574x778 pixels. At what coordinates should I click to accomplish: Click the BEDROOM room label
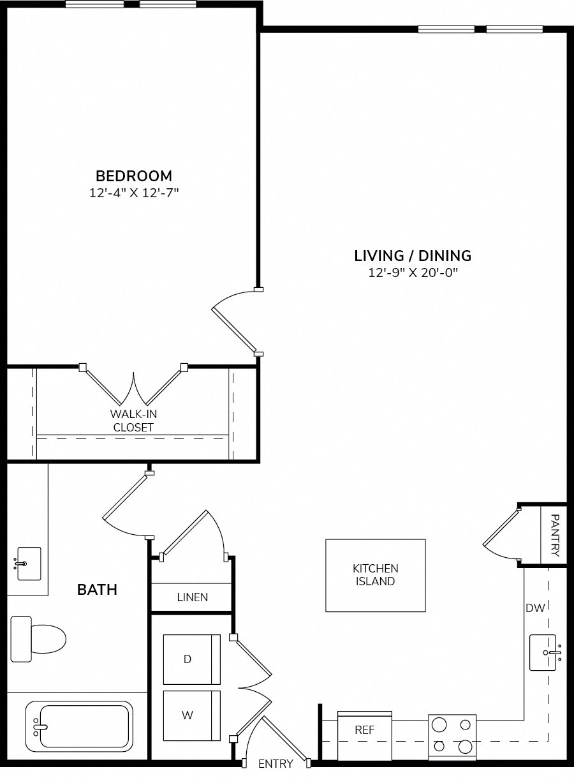pyautogui.click(x=134, y=176)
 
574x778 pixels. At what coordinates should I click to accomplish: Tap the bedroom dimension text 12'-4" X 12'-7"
pyautogui.click(x=134, y=193)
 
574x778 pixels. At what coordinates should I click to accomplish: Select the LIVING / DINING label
pyautogui.click(x=413, y=256)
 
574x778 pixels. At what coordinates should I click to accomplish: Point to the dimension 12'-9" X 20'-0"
pyautogui.click(x=413, y=273)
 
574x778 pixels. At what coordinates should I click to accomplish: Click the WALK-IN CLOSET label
pyautogui.click(x=133, y=421)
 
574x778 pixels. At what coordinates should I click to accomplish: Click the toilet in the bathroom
pyautogui.click(x=38, y=639)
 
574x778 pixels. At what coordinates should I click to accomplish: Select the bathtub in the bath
pyautogui.click(x=79, y=726)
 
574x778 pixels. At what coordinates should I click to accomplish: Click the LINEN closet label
pyautogui.click(x=192, y=597)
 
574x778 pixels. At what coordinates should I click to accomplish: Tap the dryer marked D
pyautogui.click(x=192, y=659)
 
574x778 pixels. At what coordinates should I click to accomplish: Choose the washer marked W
pyautogui.click(x=192, y=716)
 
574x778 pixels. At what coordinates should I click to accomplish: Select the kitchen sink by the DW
pyautogui.click(x=544, y=652)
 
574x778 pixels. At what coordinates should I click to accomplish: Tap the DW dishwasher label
pyautogui.click(x=535, y=608)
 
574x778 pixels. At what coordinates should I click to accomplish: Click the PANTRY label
pyautogui.click(x=555, y=535)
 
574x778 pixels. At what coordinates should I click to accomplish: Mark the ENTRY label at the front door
pyautogui.click(x=276, y=763)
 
